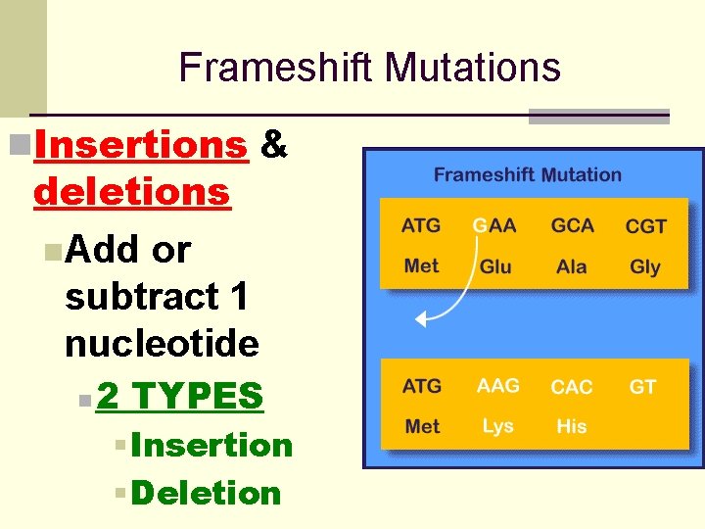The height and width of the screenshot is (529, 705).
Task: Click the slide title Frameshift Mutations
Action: pyautogui.click(x=369, y=68)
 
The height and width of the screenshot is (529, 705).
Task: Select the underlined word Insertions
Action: pyautogui.click(x=140, y=145)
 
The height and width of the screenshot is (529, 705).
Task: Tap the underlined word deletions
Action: pyautogui.click(x=131, y=192)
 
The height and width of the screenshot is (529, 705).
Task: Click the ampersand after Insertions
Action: pyautogui.click(x=275, y=145)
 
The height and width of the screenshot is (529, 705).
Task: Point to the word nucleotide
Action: pyautogui.click(x=162, y=344)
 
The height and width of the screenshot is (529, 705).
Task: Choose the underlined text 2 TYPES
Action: pyautogui.click(x=180, y=396)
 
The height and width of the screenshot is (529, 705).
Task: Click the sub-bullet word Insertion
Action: pyautogui.click(x=211, y=445)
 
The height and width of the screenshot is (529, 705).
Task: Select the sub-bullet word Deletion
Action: pyautogui.click(x=206, y=493)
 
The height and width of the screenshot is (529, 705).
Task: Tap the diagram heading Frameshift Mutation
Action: pyautogui.click(x=527, y=175)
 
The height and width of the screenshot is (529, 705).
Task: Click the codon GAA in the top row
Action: pyautogui.click(x=494, y=226)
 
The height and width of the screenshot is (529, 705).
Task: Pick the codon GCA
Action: pyautogui.click(x=572, y=226)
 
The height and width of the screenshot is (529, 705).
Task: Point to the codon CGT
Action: pyautogui.click(x=645, y=227)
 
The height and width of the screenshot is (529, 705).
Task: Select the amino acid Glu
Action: pyautogui.click(x=495, y=266)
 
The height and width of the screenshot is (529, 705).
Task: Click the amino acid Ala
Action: pyautogui.click(x=572, y=266)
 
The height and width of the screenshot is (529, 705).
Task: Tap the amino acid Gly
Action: pyautogui.click(x=645, y=266)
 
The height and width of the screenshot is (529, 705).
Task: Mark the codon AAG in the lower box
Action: pyautogui.click(x=497, y=386)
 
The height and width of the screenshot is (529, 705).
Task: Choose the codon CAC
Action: pyautogui.click(x=572, y=387)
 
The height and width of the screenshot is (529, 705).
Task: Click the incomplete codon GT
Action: pyautogui.click(x=642, y=387)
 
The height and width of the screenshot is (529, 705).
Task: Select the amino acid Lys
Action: pyautogui.click(x=497, y=426)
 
